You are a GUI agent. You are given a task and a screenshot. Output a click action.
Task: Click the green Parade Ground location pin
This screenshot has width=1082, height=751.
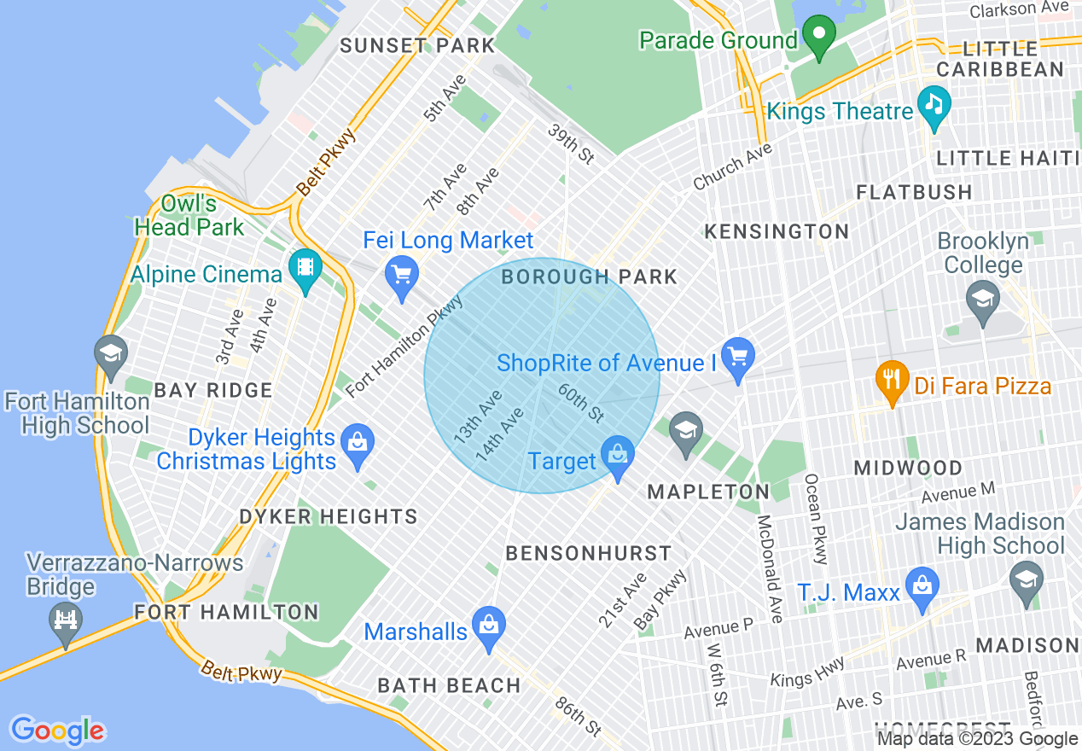click(x=819, y=36)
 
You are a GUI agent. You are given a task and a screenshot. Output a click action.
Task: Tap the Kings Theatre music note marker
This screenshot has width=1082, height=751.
click(x=934, y=106)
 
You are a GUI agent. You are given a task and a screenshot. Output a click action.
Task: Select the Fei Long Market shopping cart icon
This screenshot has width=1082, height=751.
click(x=402, y=275)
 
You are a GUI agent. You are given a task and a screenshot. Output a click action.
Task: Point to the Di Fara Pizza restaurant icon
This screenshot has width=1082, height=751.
click(x=893, y=381)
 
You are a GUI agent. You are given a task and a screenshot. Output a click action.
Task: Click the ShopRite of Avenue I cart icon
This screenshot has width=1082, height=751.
click(x=737, y=358)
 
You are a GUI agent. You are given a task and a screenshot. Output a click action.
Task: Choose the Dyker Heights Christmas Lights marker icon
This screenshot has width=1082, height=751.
click(x=358, y=444)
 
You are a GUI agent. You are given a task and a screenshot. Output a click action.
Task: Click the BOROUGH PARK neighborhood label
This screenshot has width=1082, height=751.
click(x=589, y=277)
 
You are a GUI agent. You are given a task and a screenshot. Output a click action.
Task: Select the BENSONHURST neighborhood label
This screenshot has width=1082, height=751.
click(x=589, y=553)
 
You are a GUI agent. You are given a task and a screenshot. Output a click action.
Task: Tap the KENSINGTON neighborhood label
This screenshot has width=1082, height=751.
click(x=776, y=231)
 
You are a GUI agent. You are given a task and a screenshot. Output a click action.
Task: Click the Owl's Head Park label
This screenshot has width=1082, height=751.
click(x=189, y=216)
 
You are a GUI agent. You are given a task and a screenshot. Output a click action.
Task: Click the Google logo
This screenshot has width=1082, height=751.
click(x=58, y=731)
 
